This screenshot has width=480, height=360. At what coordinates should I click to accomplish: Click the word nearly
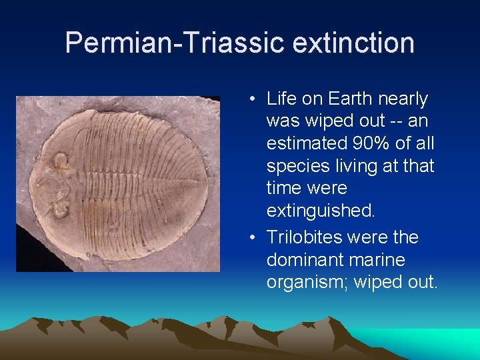(x=403, y=99)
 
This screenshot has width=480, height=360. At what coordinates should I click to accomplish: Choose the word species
(x=294, y=166)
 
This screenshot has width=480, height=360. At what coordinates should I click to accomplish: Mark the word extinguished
(x=321, y=211)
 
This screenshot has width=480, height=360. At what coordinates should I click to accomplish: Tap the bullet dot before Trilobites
(x=255, y=238)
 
